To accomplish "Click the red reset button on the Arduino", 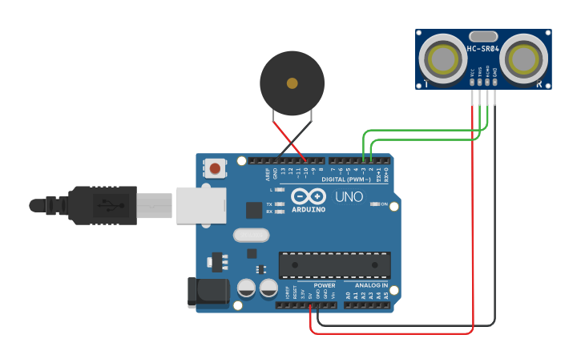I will click(215, 168).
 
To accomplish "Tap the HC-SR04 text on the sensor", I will click(483, 49).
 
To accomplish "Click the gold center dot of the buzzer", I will click(292, 83).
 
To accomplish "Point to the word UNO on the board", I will click(349, 196).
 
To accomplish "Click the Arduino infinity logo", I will click(309, 196).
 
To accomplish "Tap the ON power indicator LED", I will click(375, 204).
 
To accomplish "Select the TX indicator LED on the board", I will click(279, 204).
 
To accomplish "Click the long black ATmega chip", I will click(334, 264).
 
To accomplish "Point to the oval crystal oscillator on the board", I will click(251, 236).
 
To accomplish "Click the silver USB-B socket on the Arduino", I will click(200, 205).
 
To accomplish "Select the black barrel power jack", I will click(206, 292).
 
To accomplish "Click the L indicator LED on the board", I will click(279, 190).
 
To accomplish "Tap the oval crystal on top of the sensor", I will click(483, 36).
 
